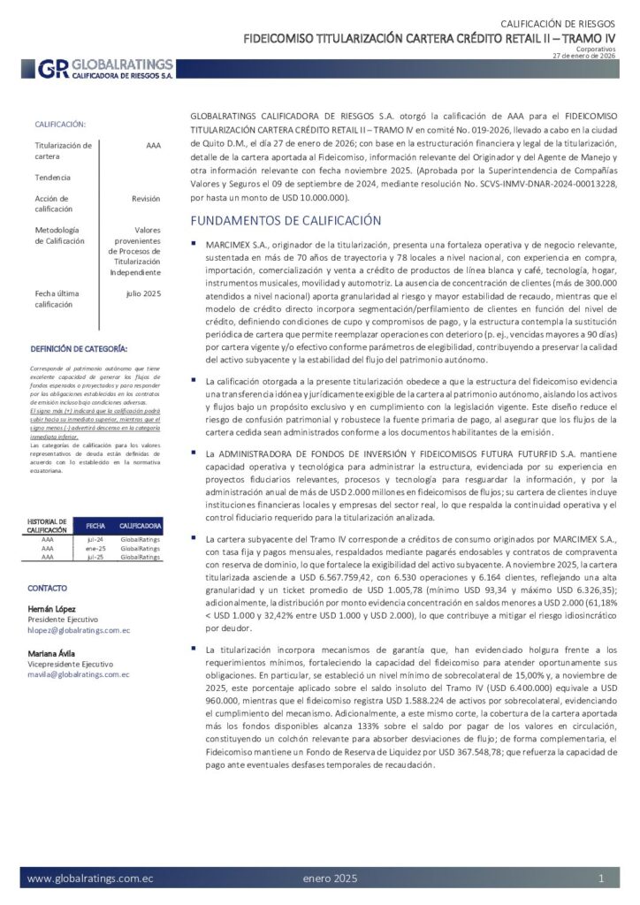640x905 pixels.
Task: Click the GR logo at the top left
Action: [x=52, y=69]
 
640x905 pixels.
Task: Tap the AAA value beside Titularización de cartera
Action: [x=153, y=145]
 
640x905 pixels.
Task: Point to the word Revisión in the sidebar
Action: [x=146, y=199]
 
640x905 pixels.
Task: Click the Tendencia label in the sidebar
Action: [x=52, y=178]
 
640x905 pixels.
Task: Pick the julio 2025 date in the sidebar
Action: [x=143, y=293]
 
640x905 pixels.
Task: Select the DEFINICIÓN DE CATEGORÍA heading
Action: [x=79, y=349]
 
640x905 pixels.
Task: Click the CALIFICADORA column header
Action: [x=140, y=524]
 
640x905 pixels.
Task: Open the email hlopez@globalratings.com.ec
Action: [x=79, y=630]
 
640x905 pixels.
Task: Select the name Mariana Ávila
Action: [x=52, y=653]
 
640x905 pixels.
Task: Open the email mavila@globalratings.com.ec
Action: [x=79, y=674]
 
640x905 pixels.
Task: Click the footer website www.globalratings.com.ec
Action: [x=90, y=878]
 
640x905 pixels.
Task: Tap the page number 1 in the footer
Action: [x=601, y=878]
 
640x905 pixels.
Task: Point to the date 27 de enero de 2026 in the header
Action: [x=583, y=56]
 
